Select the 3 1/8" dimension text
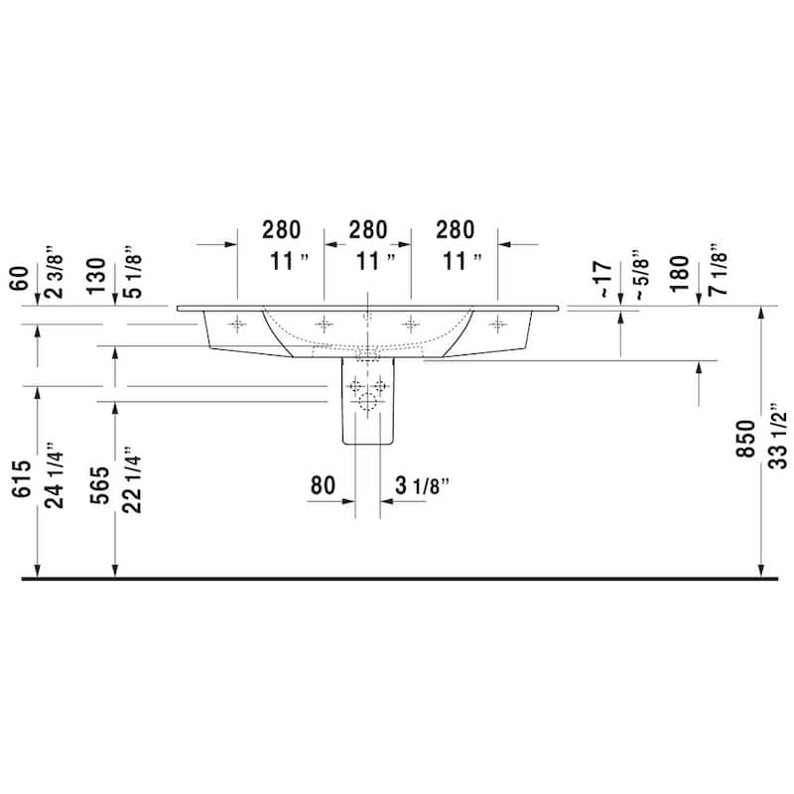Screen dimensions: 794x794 (x=423, y=485)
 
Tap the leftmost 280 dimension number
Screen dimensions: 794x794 (x=281, y=229)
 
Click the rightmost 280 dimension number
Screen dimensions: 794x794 (x=455, y=229)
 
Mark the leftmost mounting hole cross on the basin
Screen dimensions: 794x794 (x=237, y=323)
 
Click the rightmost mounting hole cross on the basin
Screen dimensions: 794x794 (x=497, y=323)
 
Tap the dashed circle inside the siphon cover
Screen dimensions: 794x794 (x=368, y=402)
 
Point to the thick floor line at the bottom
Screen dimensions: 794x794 (x=397, y=578)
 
